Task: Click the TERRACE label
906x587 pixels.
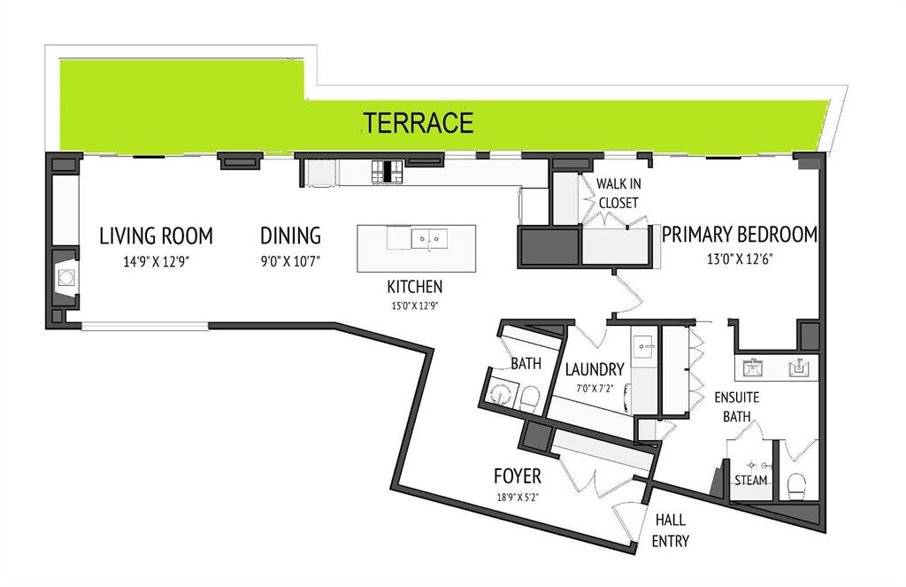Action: [418, 122]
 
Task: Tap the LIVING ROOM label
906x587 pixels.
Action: [156, 236]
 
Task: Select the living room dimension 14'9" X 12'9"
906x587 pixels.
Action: [156, 261]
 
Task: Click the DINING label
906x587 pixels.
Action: [290, 236]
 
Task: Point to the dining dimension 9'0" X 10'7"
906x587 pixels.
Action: [290, 261]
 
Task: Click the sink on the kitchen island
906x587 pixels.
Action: [429, 238]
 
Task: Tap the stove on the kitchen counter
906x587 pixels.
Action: [388, 172]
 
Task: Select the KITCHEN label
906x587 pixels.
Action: [415, 287]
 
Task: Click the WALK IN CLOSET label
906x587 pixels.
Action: [618, 193]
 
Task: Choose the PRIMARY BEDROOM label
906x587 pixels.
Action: [740, 235]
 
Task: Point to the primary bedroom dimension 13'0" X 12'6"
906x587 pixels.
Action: [740, 259]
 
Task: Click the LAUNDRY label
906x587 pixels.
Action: [595, 369]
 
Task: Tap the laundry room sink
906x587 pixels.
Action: [642, 348]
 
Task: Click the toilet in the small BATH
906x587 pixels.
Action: [529, 398]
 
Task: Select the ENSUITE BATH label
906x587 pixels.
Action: [737, 406]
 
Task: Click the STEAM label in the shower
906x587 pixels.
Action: [750, 480]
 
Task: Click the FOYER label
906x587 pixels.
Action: [518, 476]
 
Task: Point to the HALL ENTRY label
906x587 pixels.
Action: [671, 530]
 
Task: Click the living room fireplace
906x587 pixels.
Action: [65, 278]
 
